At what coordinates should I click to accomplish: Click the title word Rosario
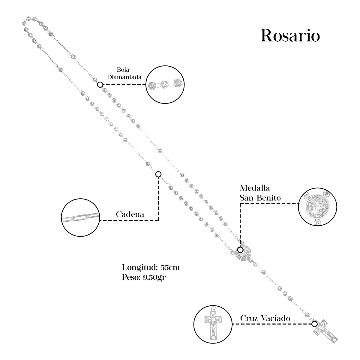290,36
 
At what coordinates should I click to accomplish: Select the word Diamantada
124,77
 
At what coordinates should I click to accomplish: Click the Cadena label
130,214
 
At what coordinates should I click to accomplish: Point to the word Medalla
255,188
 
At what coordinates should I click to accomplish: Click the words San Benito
260,198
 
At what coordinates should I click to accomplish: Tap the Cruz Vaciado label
265,318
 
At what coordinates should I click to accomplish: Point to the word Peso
130,277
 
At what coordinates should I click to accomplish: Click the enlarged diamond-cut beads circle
165,84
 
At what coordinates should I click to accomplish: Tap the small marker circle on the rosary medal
240,250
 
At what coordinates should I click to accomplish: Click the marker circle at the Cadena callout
158,174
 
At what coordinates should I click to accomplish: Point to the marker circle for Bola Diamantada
100,85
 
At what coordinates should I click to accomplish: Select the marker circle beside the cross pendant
314,324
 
